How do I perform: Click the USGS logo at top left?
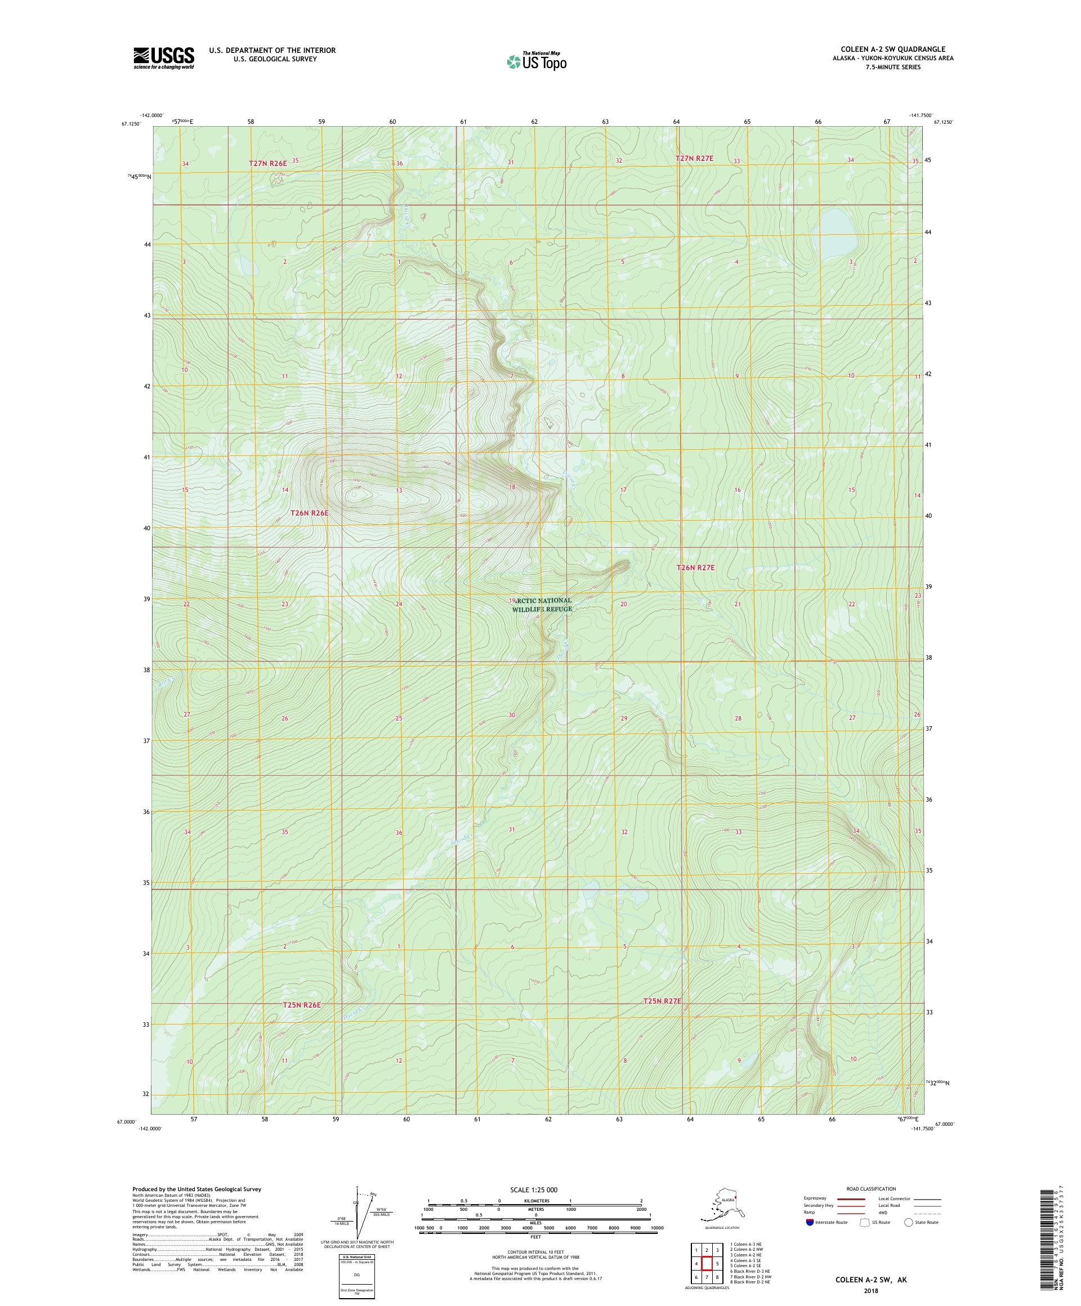point(163,59)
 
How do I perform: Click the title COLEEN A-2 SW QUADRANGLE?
point(891,49)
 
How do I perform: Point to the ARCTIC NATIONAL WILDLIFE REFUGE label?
point(541,605)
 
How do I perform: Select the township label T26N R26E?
point(309,513)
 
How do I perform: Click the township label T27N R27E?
point(695,159)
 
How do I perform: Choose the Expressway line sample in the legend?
point(853,1198)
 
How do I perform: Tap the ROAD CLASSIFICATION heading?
point(878,1188)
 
